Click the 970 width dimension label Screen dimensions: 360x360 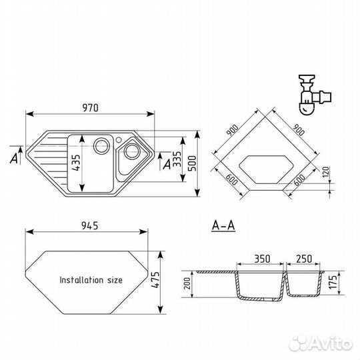91,108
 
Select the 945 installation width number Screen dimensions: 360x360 90,226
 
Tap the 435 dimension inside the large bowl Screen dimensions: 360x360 77,163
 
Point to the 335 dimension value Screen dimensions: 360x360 177,159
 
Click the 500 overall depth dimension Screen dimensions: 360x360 192,163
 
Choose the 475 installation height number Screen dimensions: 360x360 155,280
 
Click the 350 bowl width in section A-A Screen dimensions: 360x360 262,259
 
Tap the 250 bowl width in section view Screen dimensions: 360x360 304,259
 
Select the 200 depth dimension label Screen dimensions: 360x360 187,283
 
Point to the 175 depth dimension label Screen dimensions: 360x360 333,281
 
